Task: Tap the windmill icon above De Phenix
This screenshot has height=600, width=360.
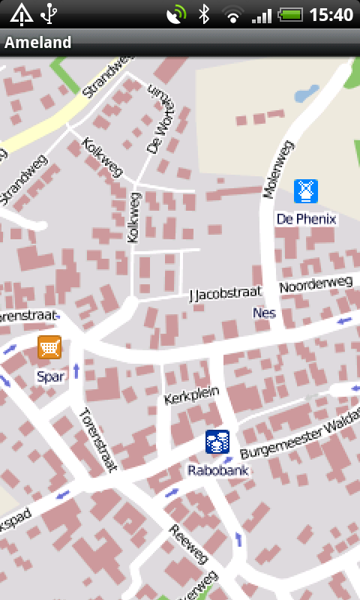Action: (x=305, y=191)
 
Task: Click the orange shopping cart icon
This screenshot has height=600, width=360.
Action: (x=49, y=348)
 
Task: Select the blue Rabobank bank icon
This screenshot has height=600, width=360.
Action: (x=217, y=442)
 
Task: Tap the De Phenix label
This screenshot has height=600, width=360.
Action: (x=306, y=219)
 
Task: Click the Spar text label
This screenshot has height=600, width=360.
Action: (x=49, y=376)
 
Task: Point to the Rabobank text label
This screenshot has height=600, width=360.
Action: (x=217, y=471)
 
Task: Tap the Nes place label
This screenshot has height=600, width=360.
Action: (x=264, y=312)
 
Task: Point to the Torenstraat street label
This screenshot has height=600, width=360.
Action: (x=98, y=439)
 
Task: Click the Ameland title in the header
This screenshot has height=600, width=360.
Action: (x=38, y=42)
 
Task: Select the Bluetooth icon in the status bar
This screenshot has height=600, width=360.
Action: (x=203, y=13)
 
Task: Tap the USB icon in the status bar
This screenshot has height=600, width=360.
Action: (x=49, y=13)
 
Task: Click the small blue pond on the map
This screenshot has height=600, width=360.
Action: (x=307, y=94)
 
